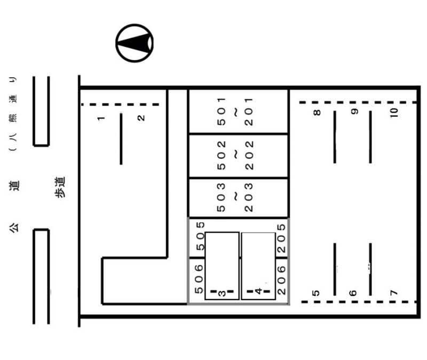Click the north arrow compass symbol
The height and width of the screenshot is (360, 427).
[x=135, y=43]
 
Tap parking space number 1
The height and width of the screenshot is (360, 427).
[x=101, y=118]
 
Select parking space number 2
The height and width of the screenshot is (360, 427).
[x=141, y=118]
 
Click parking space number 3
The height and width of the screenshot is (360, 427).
[x=222, y=293]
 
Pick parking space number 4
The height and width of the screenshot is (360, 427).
[x=258, y=291]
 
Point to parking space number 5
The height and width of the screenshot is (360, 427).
[x=315, y=293]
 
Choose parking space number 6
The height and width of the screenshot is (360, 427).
[x=353, y=293]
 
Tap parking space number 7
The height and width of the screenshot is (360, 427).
[x=394, y=293]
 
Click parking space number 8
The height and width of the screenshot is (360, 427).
[x=317, y=113]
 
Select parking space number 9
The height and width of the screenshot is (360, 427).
[x=354, y=111]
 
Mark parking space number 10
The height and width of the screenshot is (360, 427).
[x=394, y=113]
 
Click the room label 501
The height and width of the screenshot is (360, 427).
[x=222, y=111]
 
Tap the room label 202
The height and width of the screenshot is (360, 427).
[x=249, y=155]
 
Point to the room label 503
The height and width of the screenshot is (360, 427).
[x=221, y=197]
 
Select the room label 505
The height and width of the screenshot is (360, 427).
[x=200, y=236]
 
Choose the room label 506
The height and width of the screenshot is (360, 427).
[x=199, y=279]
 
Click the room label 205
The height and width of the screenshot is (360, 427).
[x=281, y=238]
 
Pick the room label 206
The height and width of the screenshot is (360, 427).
[x=281, y=280]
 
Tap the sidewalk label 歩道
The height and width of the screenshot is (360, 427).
[x=60, y=187]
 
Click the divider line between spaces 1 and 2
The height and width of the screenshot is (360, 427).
[x=121, y=139]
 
